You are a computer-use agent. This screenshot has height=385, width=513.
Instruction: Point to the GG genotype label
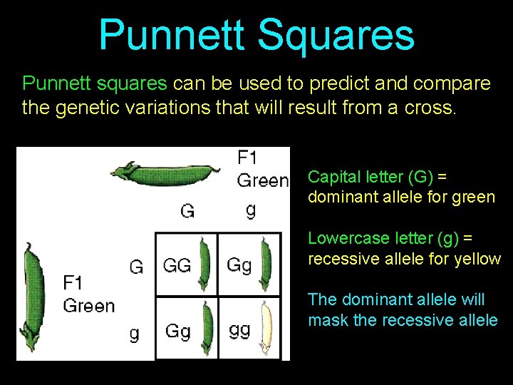(177, 265)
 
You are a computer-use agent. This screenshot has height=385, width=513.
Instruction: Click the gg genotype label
(239, 330)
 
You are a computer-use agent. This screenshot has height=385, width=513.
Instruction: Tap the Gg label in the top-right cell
(239, 265)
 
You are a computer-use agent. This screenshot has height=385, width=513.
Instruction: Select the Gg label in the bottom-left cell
(177, 331)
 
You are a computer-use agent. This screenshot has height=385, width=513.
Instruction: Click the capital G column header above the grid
(187, 210)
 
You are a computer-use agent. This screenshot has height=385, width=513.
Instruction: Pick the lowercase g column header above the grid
(250, 210)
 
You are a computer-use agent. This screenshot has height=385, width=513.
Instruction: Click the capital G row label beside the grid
(135, 267)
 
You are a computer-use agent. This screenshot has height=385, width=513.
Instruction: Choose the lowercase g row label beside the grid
(134, 334)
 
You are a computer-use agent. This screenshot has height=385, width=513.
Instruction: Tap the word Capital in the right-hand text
(333, 176)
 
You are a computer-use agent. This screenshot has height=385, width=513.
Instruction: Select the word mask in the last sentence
(328, 320)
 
